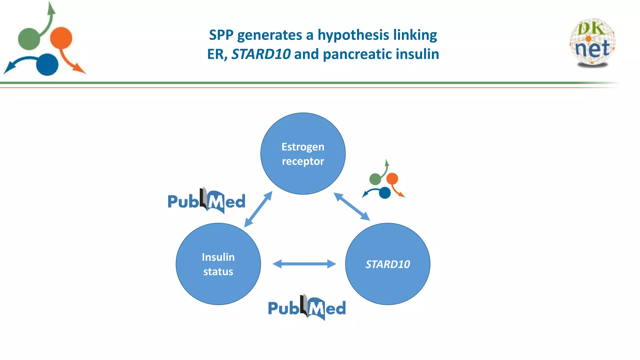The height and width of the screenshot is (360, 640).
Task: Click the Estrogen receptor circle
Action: (303, 154)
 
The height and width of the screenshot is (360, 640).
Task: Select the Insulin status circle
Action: (218, 264)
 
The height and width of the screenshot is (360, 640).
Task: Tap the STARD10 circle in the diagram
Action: (387, 264)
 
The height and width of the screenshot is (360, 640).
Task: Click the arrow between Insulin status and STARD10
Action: (304, 264)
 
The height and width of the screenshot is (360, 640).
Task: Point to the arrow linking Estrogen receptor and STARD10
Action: (352, 207)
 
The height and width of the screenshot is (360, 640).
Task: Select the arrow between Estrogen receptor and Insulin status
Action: (258, 209)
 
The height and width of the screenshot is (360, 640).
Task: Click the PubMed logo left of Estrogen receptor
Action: (206, 201)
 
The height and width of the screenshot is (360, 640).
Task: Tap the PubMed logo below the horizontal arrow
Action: (307, 307)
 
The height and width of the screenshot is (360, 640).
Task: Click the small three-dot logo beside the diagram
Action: (383, 181)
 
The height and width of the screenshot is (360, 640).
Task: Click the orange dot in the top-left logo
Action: (61, 38)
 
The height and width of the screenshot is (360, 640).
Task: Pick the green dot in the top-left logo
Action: (29, 39)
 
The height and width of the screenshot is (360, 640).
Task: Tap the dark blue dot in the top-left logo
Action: (47, 65)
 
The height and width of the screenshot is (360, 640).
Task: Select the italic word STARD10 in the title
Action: (261, 54)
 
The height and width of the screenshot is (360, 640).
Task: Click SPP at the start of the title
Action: (221, 35)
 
